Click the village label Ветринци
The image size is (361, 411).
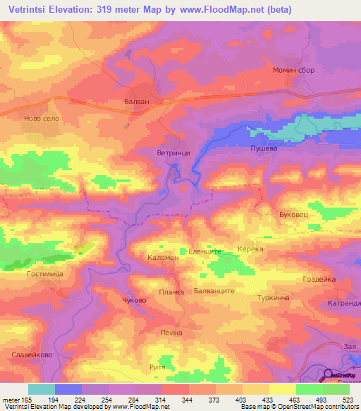[172, 152]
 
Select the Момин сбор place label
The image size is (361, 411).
[293, 71]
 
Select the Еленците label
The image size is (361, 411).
[205, 251]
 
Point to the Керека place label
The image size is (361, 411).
[250, 249]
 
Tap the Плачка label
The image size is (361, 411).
[171, 292]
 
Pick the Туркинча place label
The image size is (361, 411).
[274, 299]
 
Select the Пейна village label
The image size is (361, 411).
[171, 333]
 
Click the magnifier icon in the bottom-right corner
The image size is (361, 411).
[329, 375]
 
